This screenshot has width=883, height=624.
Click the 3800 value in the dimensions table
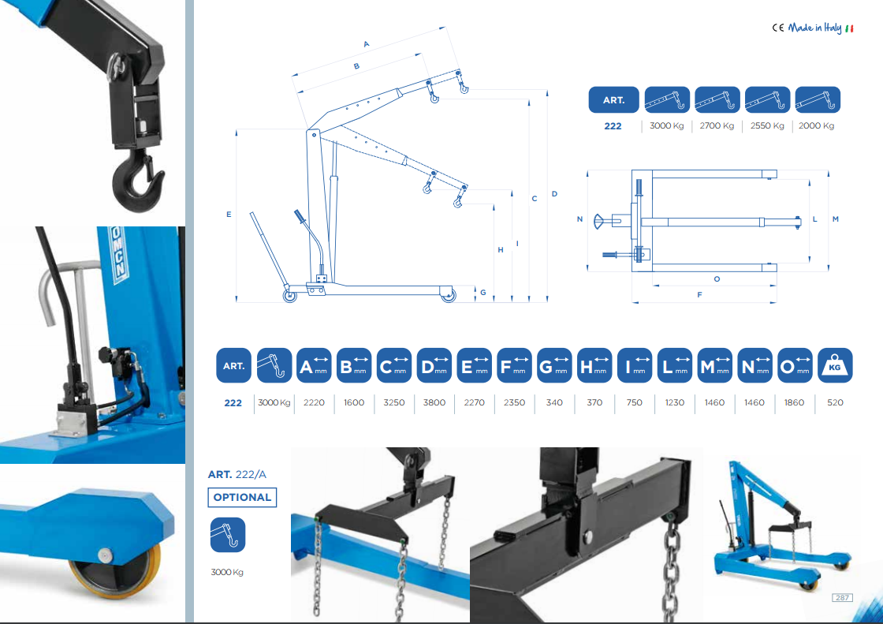(434, 402)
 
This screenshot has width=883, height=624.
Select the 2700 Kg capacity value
(717, 125)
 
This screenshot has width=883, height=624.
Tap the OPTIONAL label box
(242, 497)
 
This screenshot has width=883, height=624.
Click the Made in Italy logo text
(815, 28)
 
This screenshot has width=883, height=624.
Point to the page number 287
(843, 597)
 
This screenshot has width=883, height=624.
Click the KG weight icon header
(835, 365)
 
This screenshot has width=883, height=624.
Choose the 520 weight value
(835, 402)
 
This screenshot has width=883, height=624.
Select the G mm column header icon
(554, 365)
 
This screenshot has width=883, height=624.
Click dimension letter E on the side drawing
(229, 215)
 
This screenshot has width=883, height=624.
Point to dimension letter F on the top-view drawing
(699, 295)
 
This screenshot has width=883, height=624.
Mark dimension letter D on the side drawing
(555, 194)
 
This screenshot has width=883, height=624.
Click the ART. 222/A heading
(237, 475)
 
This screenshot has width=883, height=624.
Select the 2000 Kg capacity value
(816, 125)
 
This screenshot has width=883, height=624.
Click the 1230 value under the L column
(675, 402)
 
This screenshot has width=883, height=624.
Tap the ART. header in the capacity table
(614, 99)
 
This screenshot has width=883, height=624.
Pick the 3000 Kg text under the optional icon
(227, 572)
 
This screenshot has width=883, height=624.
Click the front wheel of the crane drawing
(449, 295)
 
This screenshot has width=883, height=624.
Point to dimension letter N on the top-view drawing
(579, 219)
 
